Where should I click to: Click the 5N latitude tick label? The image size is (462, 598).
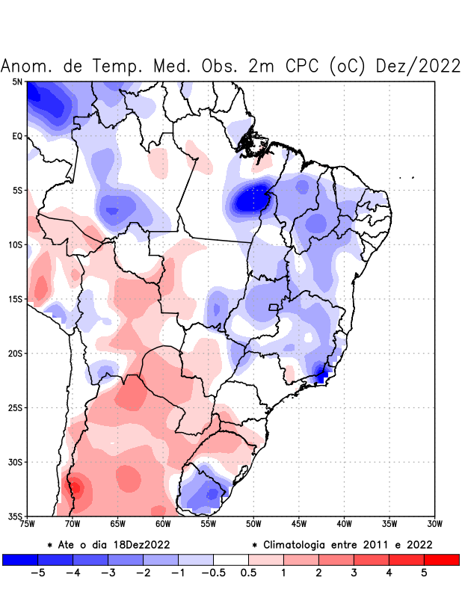click(17, 81)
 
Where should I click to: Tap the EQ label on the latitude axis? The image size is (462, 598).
click(17, 136)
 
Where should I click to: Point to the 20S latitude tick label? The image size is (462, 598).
click(15, 353)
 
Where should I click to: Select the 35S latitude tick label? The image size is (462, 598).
click(15, 516)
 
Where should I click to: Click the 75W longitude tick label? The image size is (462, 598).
click(28, 524)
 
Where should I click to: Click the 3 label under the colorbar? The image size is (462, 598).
click(354, 573)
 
